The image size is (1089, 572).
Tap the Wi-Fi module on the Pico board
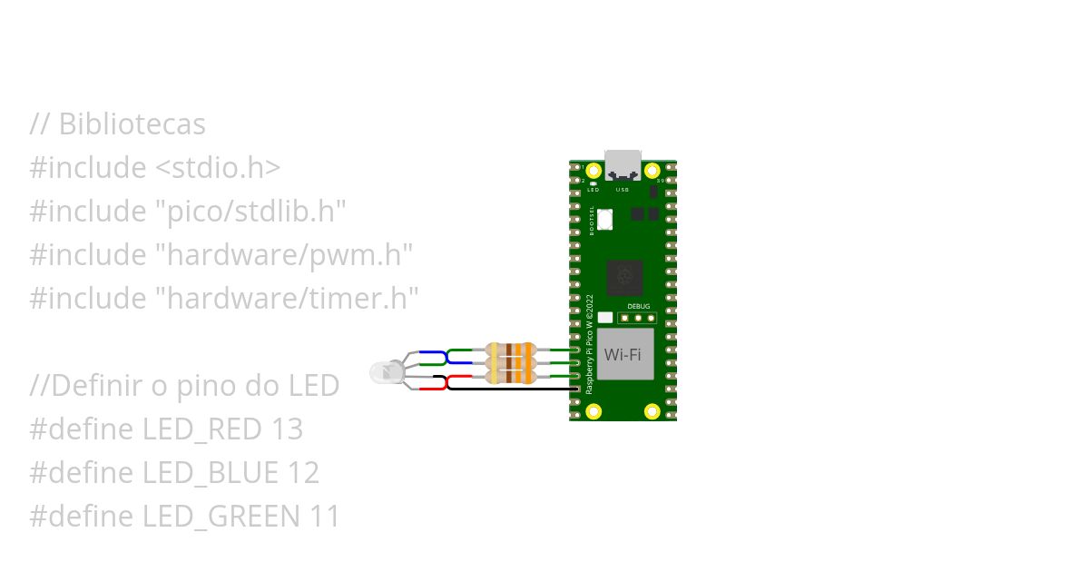click(623, 354)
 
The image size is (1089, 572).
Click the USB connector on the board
click(623, 164)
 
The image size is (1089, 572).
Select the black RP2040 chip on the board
click(624, 276)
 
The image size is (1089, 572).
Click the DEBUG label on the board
click(639, 307)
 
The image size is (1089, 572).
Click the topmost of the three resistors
click(511, 350)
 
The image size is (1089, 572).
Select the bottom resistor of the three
click(511, 376)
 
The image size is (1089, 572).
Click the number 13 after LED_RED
click(287, 429)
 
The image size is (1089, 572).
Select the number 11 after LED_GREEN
click(324, 517)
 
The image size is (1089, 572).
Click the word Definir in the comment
click(96, 386)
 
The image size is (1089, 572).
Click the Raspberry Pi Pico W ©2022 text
click(589, 343)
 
